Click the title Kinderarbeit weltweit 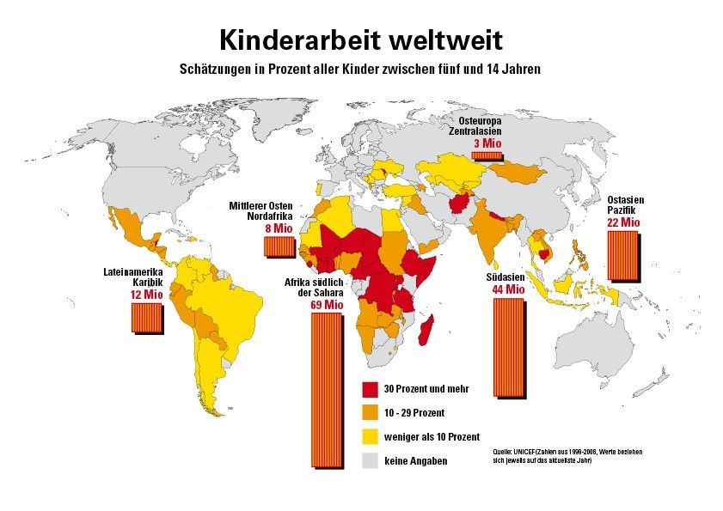361,40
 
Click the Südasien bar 508,347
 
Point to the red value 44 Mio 508,290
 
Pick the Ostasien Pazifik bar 623,254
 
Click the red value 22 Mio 623,222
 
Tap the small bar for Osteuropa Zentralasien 487,155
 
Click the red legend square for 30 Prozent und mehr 371,388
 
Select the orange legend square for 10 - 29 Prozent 371,412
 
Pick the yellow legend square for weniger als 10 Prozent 371,436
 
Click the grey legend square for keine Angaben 371,460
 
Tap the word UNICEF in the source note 524,451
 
